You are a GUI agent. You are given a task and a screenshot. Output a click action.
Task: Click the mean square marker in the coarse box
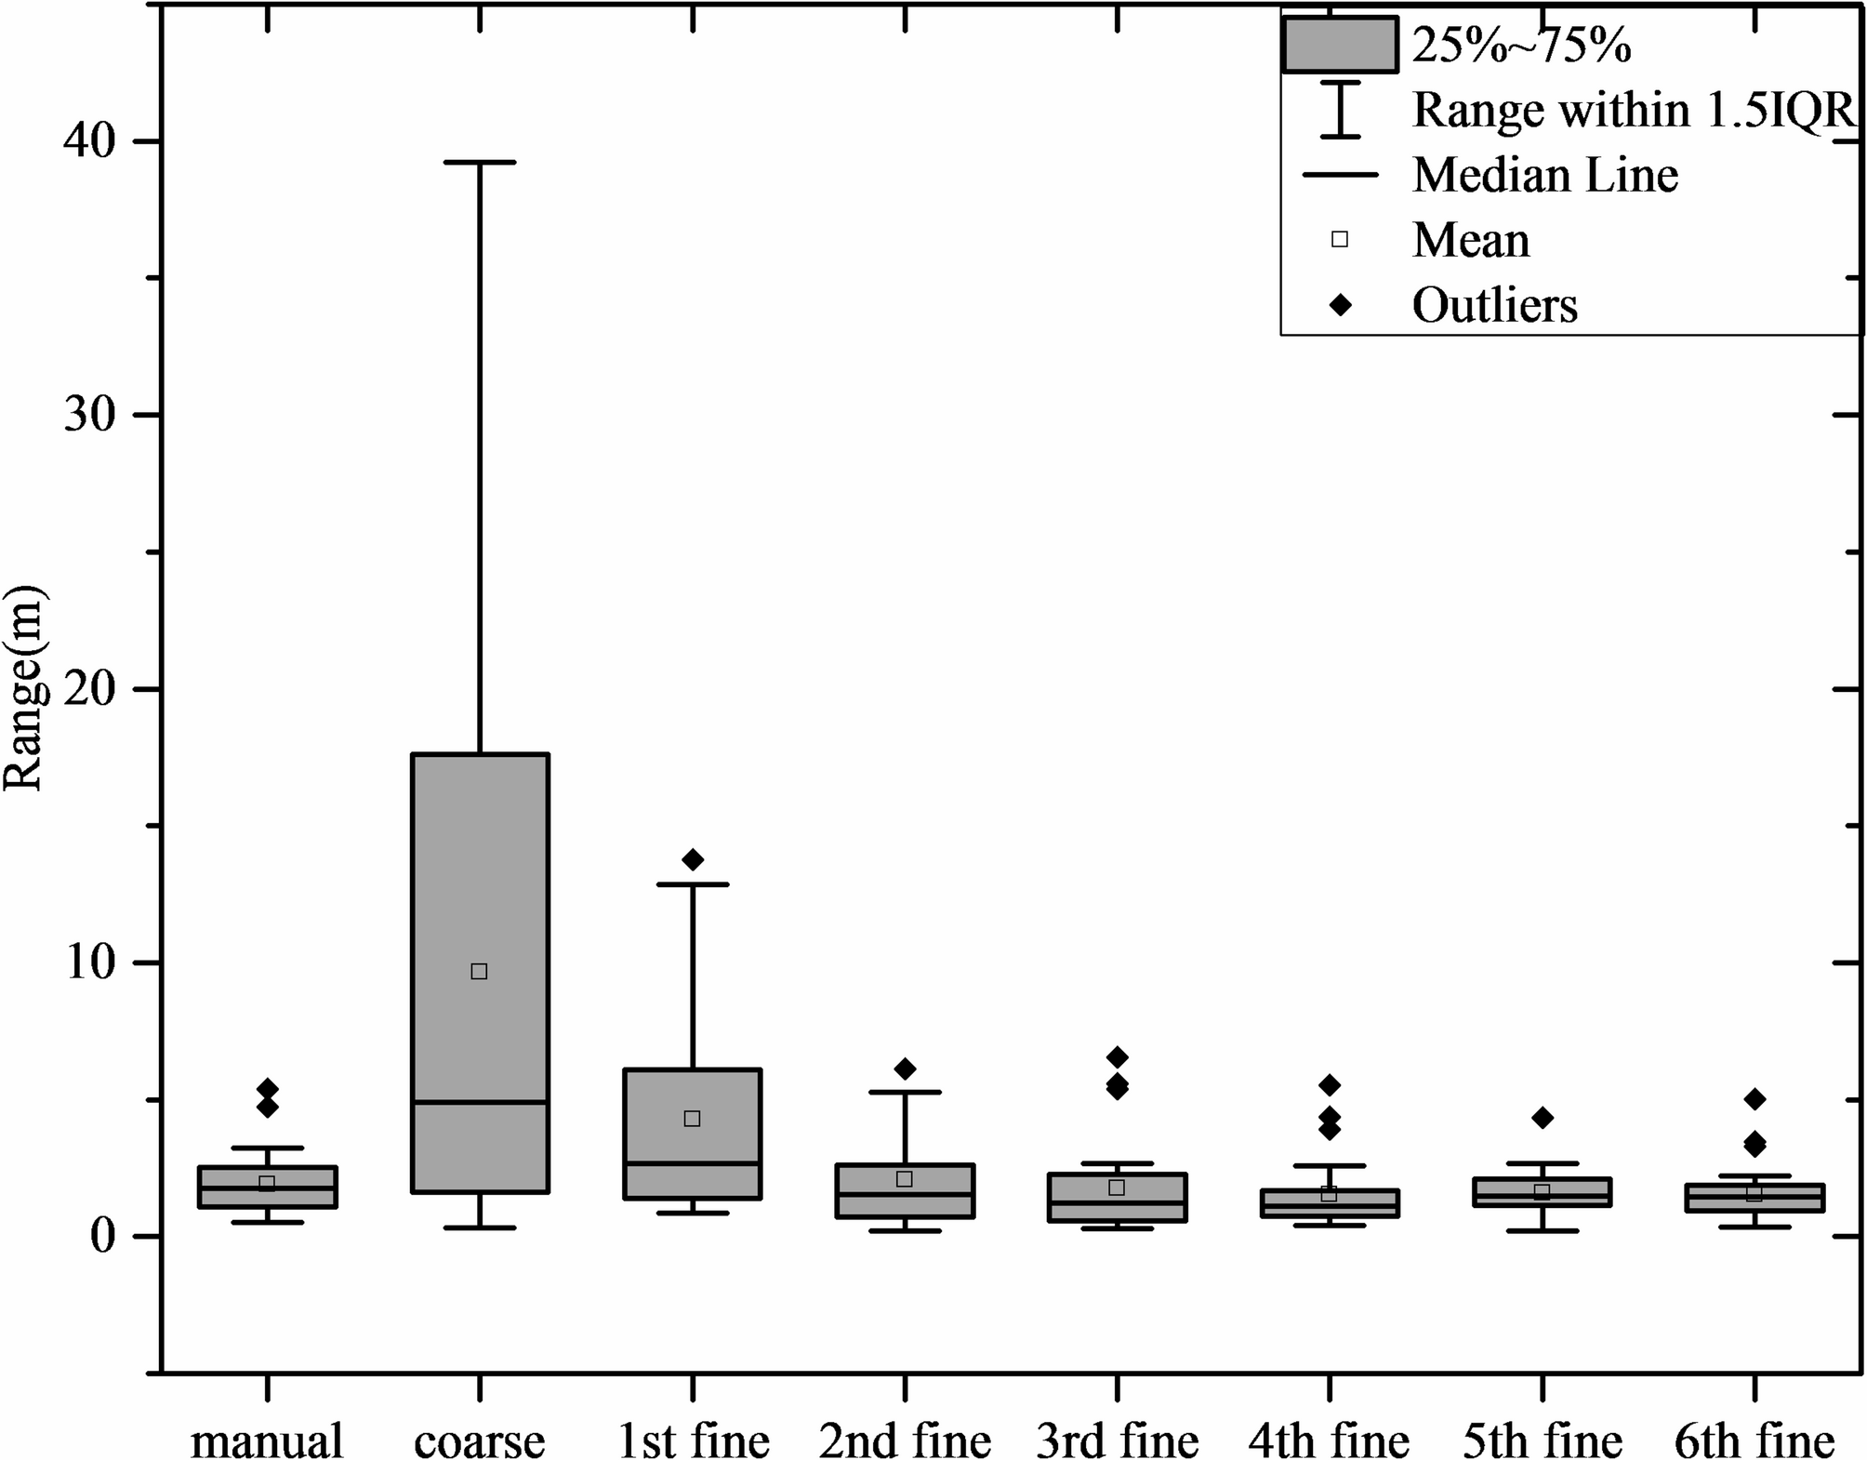pos(479,971)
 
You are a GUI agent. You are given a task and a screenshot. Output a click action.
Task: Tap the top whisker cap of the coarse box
pos(479,162)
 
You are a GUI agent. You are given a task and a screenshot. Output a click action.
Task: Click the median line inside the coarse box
pos(480,1102)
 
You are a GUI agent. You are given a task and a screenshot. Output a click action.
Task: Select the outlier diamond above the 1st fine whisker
pos(693,859)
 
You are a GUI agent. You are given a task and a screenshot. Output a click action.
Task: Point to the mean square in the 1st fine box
pos(692,1118)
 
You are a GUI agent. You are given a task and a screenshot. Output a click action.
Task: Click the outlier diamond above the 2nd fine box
pos(905,1068)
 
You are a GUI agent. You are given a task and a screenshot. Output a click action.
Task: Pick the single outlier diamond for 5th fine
pos(1543,1117)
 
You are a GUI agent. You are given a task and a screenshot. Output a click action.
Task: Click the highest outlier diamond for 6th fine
pos(1754,1099)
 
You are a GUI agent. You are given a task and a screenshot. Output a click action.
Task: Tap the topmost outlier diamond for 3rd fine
pos(1118,1056)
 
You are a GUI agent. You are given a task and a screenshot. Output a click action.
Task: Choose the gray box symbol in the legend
pos(1340,45)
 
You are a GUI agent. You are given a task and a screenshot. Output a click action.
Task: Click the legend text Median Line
pos(1545,175)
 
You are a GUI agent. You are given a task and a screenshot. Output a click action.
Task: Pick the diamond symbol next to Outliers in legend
pos(1340,304)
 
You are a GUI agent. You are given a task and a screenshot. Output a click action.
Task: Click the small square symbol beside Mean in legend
pos(1340,240)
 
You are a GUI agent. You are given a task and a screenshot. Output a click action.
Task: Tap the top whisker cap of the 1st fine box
pos(693,884)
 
